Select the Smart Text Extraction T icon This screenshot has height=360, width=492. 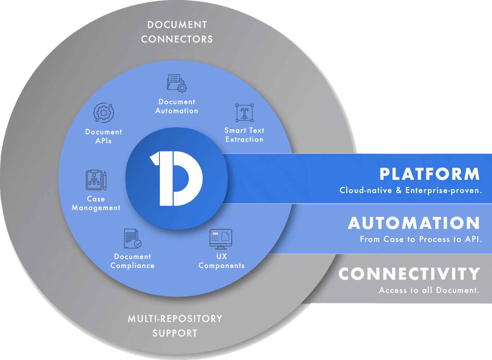click(x=244, y=113)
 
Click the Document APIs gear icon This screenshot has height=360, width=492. click(x=104, y=113)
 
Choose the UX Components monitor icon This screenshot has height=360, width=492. click(x=221, y=239)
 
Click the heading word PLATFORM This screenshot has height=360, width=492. click(x=430, y=174)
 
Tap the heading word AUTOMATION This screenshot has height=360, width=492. click(x=414, y=223)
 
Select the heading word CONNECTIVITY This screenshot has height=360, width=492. click(x=409, y=274)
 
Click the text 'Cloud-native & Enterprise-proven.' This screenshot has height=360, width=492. click(x=411, y=191)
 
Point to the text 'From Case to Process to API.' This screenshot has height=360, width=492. click(x=421, y=239)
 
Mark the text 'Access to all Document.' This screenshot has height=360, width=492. click(x=429, y=290)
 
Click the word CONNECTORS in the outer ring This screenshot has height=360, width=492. click(x=177, y=39)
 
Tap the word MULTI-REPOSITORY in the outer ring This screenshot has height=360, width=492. click(x=175, y=319)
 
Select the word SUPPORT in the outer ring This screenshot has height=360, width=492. click(x=175, y=333)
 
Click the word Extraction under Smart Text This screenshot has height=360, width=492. click(x=244, y=140)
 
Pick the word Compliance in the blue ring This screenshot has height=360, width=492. click(x=133, y=266)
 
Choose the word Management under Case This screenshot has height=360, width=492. click(x=96, y=208)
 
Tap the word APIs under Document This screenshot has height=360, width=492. click(x=104, y=141)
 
